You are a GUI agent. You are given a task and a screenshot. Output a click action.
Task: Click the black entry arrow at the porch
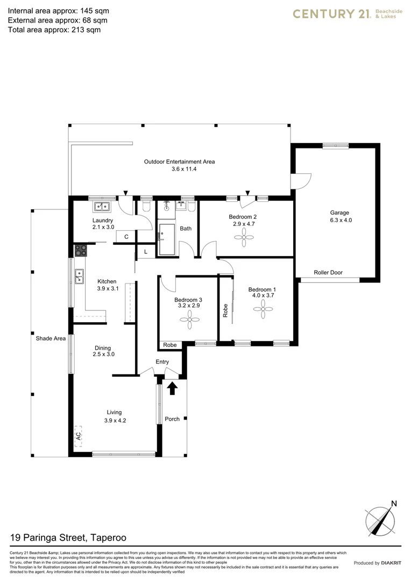click(172, 388)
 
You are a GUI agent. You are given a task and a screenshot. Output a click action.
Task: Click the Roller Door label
click(329, 273)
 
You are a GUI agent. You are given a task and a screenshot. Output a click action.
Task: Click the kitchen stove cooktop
click(81, 250)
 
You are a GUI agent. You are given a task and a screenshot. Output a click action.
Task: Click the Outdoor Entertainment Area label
click(179, 161)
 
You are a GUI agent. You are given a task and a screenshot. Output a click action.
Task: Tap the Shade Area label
click(51, 338)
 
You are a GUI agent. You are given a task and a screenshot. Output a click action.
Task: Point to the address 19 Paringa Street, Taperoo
click(68, 537)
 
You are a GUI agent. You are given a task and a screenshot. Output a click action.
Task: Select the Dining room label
click(104, 347)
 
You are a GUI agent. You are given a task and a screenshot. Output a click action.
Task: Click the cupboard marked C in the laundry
click(126, 237)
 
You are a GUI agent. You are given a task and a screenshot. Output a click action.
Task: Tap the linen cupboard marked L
click(145, 251)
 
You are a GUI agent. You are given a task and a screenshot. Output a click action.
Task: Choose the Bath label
click(186, 229)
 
